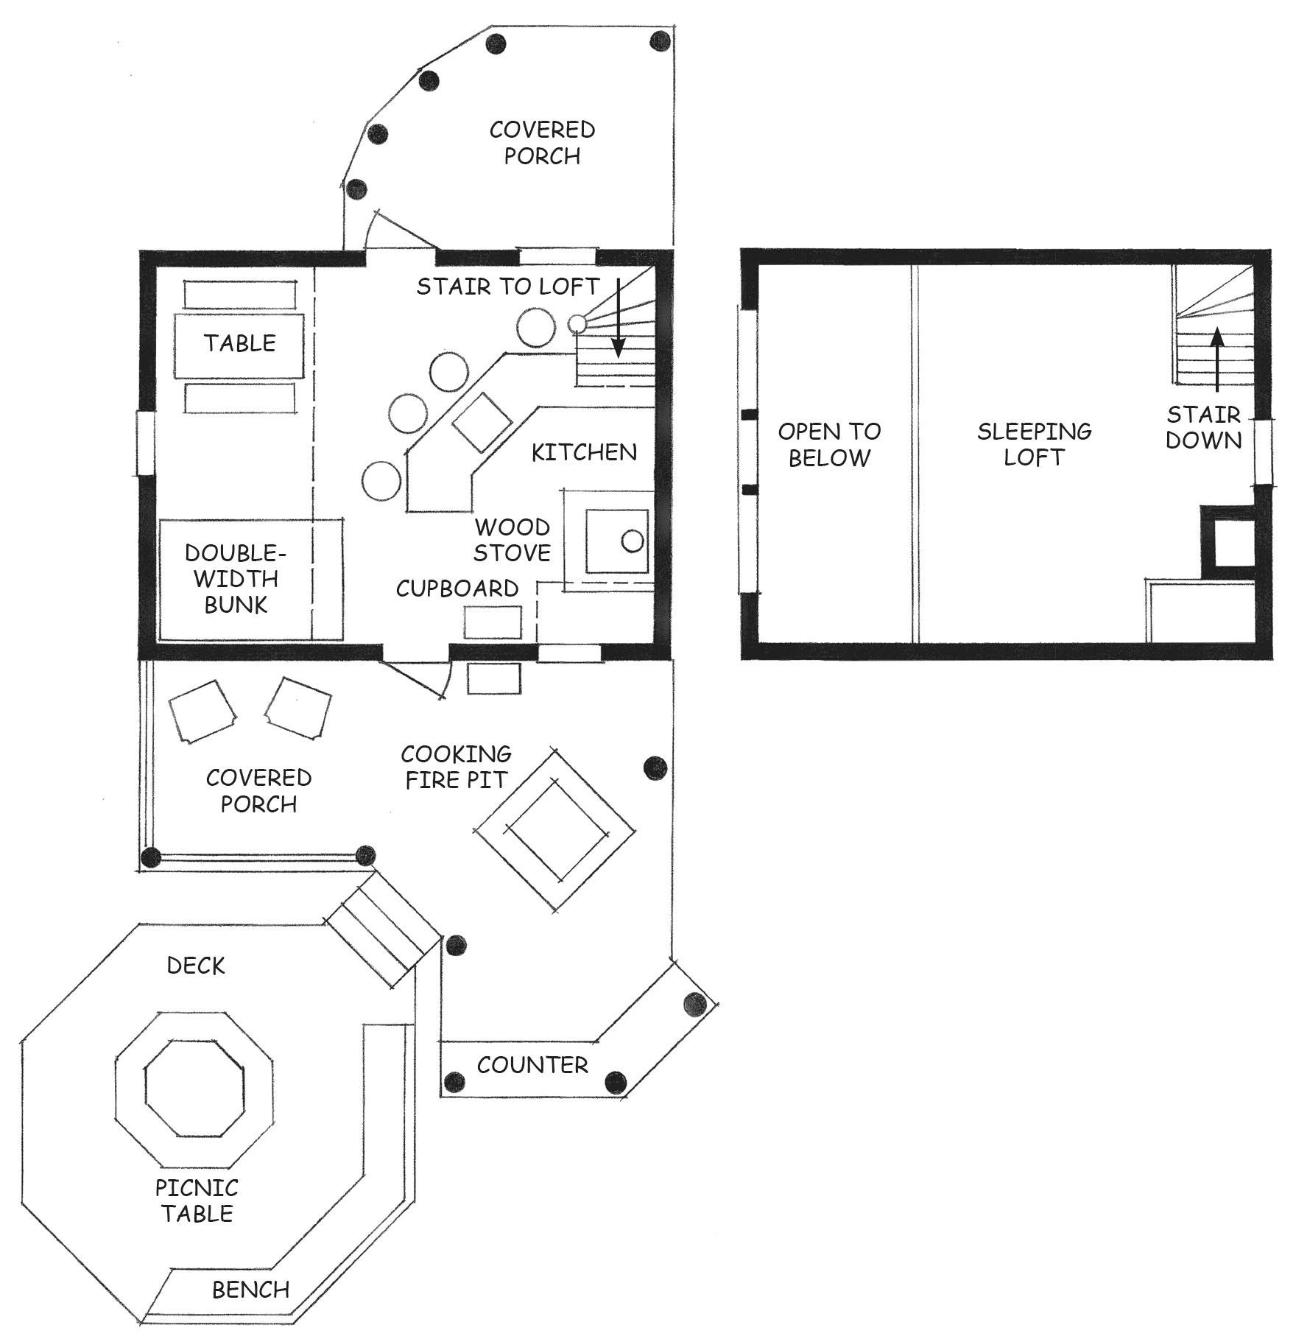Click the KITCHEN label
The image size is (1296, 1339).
(584, 452)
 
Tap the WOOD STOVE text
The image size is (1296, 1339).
(512, 540)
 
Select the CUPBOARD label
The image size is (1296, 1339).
(457, 588)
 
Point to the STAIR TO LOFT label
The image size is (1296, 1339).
(508, 286)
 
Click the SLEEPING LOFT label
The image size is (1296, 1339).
(1034, 444)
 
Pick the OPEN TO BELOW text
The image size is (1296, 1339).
(830, 444)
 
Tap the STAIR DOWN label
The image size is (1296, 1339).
(1203, 427)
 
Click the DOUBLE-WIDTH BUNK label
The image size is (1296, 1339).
(236, 579)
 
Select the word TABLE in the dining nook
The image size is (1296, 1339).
(240, 343)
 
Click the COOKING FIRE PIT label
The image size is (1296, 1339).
(457, 767)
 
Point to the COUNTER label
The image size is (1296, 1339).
(532, 1065)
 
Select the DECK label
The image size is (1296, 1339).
(196, 966)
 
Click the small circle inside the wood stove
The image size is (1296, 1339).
(633, 541)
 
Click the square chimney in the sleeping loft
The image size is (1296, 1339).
(1228, 542)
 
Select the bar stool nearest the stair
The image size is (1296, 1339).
(535, 326)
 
